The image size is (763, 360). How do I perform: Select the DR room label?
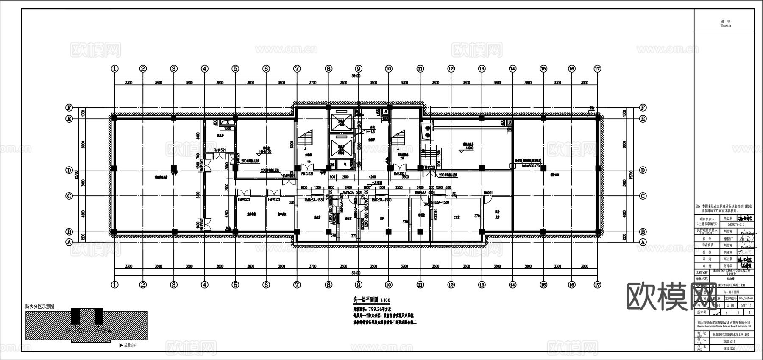[382, 219]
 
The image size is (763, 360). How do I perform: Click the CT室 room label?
[457, 217]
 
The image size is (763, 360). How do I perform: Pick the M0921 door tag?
[488, 193]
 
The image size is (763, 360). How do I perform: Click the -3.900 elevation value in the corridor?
[377, 183]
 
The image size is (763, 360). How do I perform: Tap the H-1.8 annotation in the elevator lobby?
[373, 132]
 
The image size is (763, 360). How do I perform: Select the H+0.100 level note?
[265, 151]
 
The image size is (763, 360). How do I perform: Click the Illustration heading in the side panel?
[726, 26]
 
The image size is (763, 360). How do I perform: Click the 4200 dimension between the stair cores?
[372, 177]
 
